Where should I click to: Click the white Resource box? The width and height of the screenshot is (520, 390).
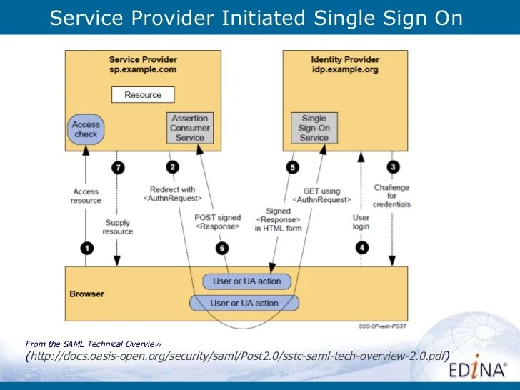[143, 94]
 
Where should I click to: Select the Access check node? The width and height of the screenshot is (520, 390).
[86, 129]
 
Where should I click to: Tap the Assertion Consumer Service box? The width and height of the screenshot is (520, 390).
[190, 127]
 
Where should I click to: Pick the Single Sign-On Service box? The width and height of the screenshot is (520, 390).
[314, 128]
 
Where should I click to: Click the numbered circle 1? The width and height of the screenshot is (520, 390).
[86, 248]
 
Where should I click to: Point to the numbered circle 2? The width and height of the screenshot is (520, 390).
[171, 167]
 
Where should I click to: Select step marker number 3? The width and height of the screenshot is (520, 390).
[393, 167]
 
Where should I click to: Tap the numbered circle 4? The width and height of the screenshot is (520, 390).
[361, 248]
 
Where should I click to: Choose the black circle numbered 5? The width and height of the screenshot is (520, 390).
[291, 167]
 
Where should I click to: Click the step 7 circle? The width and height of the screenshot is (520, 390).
[118, 167]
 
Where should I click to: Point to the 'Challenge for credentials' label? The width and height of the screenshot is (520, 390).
[392, 196]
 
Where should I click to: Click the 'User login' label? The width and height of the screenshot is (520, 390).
[361, 221]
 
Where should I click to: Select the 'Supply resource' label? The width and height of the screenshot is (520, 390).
[118, 227]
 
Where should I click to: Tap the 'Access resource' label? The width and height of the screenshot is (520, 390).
[86, 196]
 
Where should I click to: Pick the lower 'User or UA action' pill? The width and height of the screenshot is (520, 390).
[244, 303]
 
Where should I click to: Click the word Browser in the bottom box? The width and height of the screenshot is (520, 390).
[86, 294]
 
